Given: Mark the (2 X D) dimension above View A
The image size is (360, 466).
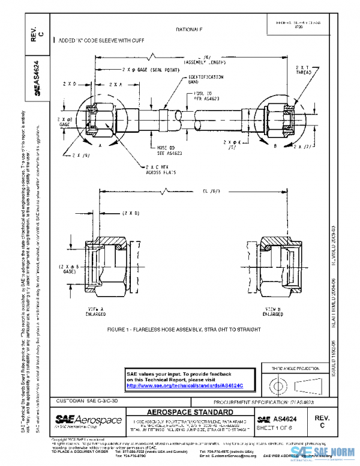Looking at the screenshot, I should click(x=130, y=213).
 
